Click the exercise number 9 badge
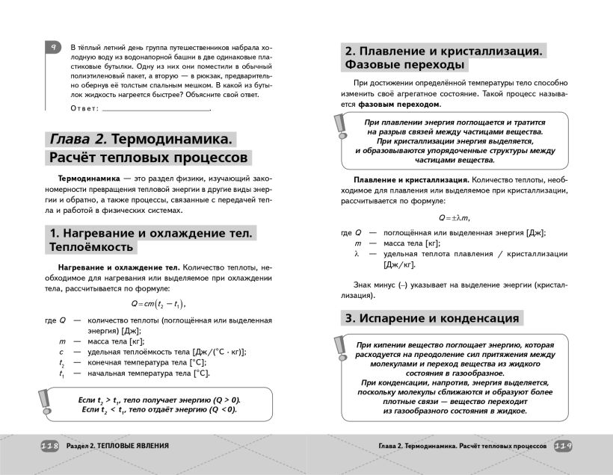click(x=54, y=47)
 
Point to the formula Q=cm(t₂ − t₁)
click(x=157, y=304)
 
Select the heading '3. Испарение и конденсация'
click(x=432, y=317)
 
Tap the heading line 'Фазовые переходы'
click(x=405, y=65)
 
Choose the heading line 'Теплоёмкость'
click(x=91, y=247)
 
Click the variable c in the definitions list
click(x=61, y=352)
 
